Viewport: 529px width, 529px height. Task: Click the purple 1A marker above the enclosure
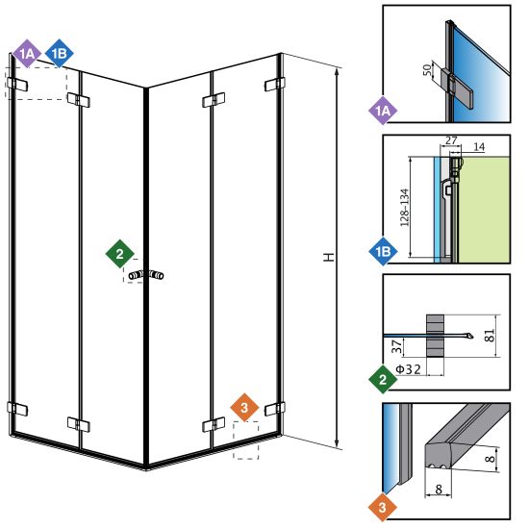(27, 54)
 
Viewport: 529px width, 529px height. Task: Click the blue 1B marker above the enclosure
(60, 54)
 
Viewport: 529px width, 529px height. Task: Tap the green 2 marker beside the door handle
(120, 254)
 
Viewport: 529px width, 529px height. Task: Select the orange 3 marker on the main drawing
(244, 408)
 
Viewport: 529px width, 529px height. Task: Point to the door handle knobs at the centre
(146, 275)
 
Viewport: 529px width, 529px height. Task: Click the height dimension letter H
(329, 257)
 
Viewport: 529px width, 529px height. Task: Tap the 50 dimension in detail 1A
(427, 70)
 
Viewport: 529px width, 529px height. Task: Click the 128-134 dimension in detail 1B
(404, 208)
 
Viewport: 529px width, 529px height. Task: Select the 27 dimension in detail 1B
(451, 140)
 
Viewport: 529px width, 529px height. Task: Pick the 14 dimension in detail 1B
(479, 147)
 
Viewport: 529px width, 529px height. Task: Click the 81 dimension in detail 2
(490, 336)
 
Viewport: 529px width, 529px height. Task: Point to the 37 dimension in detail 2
(397, 346)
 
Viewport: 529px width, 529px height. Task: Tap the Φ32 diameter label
(408, 369)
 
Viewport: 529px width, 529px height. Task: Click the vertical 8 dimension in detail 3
(491, 459)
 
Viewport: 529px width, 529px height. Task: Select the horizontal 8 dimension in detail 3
(439, 490)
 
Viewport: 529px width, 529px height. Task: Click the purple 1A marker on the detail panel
(383, 111)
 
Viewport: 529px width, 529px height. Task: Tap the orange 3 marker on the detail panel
(383, 508)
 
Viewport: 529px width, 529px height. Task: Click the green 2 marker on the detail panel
(383, 380)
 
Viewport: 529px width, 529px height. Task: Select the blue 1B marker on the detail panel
(383, 251)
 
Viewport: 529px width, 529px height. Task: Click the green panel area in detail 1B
(484, 210)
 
